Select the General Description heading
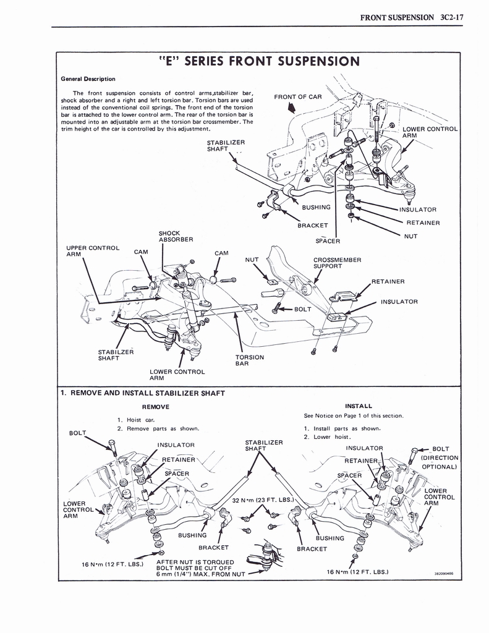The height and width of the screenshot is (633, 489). tap(88, 79)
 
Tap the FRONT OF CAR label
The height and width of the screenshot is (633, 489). tap(298, 97)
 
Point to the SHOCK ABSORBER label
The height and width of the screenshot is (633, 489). tap(176, 236)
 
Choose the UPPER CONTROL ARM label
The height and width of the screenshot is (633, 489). tap(93, 251)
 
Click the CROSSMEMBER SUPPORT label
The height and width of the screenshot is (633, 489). tap(337, 263)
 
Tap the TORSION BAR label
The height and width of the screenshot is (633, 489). tap(249, 360)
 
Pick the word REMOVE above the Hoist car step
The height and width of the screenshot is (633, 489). tap(156, 407)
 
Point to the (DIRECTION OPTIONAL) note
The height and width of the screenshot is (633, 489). tap(438, 462)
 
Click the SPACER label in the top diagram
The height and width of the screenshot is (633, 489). tap(328, 240)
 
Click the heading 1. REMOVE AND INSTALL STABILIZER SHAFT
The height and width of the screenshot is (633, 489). tap(142, 393)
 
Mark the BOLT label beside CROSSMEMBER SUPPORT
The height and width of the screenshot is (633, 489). tap(302, 308)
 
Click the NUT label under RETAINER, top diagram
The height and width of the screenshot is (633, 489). tap(411, 236)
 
